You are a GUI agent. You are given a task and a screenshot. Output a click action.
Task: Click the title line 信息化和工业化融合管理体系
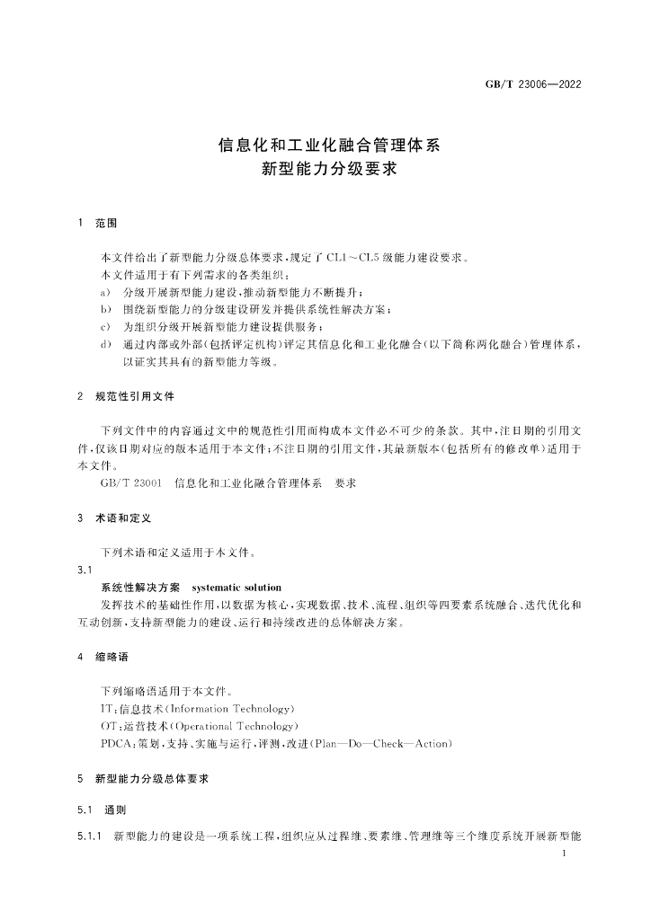325,144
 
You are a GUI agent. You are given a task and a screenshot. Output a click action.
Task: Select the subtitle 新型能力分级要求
325,167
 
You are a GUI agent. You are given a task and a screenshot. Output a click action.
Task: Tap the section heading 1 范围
98,221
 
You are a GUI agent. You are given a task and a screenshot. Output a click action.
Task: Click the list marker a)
106,293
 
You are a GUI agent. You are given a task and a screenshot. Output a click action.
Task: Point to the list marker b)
106,310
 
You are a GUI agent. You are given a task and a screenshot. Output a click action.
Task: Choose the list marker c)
106,327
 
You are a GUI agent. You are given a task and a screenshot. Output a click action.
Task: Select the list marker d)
106,344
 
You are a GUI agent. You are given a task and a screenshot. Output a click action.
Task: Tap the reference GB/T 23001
131,483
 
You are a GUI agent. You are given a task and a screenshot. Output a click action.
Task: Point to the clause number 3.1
85,571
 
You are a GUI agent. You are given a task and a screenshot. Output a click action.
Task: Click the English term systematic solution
237,588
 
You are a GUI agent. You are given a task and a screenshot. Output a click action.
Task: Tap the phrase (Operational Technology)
232,726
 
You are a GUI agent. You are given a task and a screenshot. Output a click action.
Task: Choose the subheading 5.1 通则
103,811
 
